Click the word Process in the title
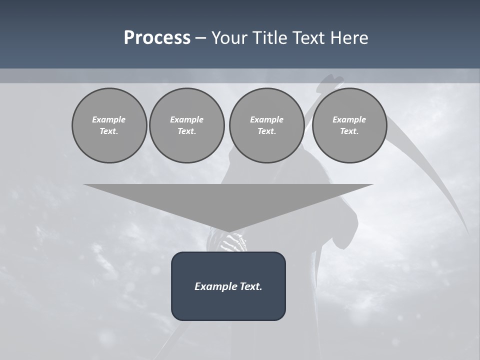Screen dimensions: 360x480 click(157, 37)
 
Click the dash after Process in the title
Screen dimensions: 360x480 click(200, 38)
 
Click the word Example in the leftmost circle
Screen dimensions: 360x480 click(109, 119)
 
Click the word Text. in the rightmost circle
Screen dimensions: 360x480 click(349, 131)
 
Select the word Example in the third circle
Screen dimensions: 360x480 click(266, 119)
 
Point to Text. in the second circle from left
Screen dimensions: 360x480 click(186, 131)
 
